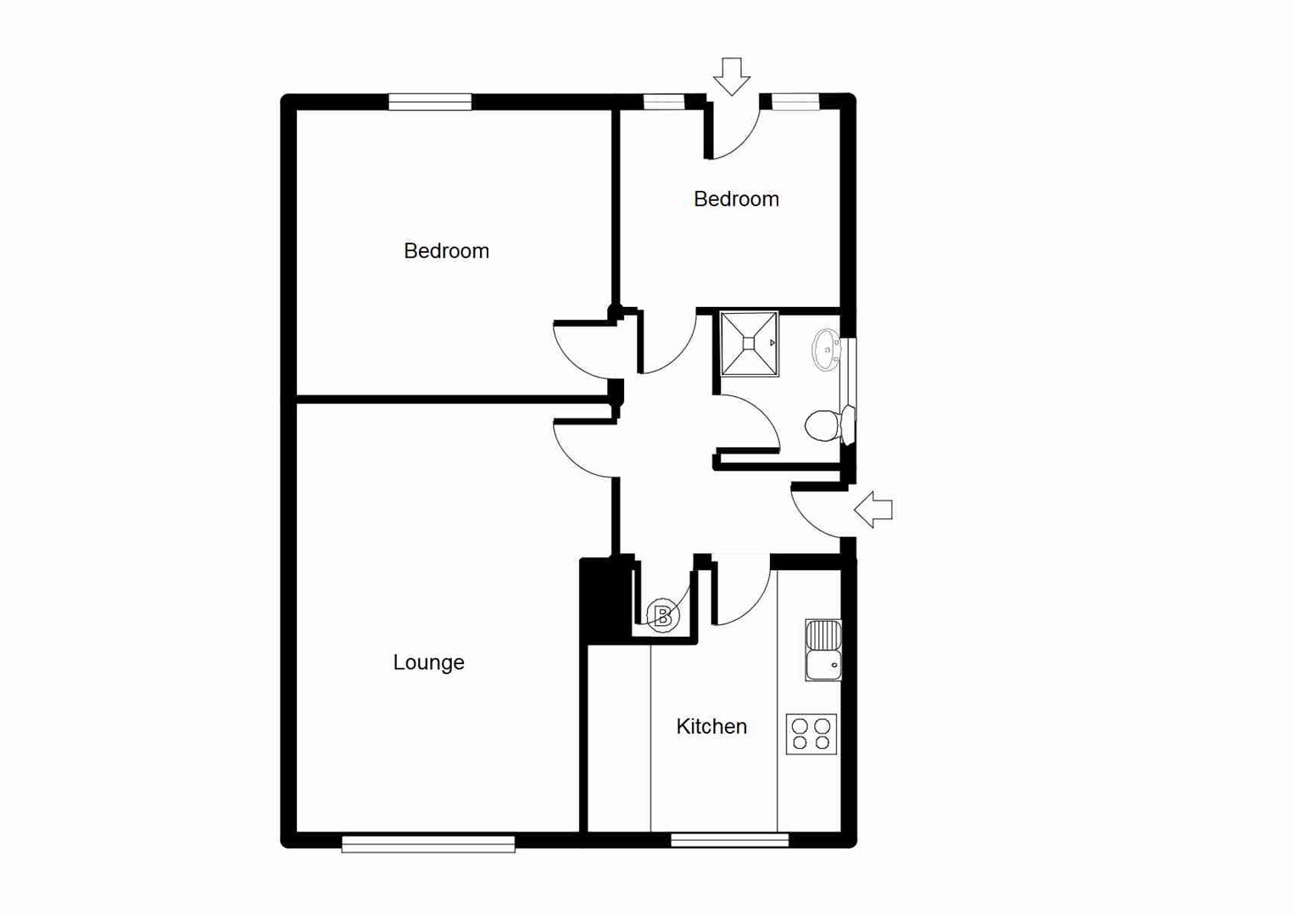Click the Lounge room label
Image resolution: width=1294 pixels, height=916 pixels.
click(x=428, y=662)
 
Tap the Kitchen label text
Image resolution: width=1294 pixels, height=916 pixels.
click(x=711, y=727)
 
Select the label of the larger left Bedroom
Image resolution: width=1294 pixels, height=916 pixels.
click(x=446, y=251)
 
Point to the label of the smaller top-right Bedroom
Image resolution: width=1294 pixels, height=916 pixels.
click(x=736, y=199)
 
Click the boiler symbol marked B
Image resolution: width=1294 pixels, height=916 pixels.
click(x=663, y=616)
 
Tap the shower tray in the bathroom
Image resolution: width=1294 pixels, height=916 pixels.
click(x=749, y=343)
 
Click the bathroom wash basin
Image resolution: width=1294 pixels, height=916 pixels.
click(x=826, y=349)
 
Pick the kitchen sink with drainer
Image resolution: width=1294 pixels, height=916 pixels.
click(x=823, y=650)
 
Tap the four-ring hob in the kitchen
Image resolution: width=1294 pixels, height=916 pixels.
click(x=812, y=734)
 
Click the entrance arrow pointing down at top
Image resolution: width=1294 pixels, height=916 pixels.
click(x=731, y=75)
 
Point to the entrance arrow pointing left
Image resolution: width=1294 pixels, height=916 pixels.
click(x=873, y=510)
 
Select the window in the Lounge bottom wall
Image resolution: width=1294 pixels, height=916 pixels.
click(x=428, y=843)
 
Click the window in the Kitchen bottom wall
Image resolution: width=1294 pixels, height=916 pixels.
click(x=729, y=840)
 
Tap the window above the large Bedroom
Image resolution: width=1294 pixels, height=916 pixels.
click(x=430, y=102)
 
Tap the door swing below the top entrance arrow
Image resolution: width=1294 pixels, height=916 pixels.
click(x=734, y=131)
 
